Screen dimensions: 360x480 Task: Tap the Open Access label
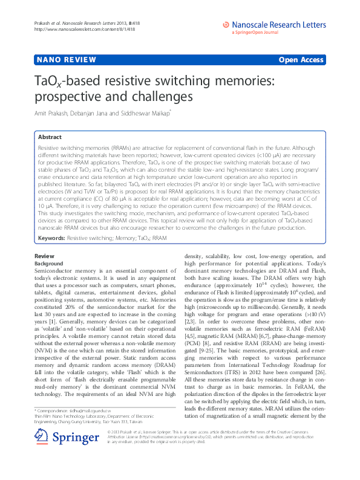303,60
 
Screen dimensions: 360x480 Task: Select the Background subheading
49,264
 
